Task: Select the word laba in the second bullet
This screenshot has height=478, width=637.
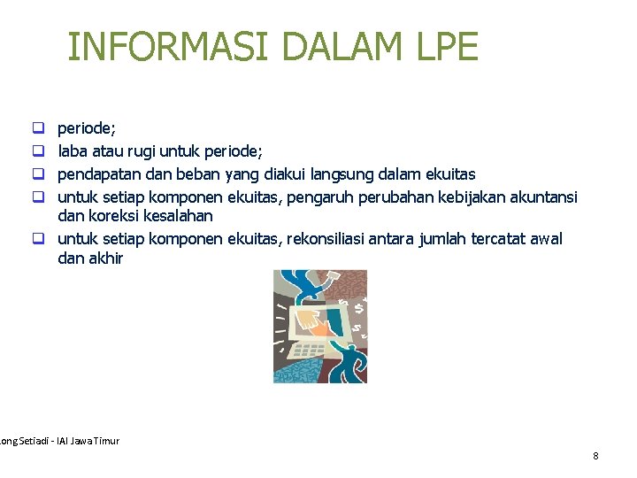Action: (73, 151)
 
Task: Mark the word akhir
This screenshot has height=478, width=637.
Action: (105, 258)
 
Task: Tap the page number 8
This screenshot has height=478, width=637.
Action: (595, 456)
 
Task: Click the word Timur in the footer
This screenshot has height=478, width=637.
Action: (106, 441)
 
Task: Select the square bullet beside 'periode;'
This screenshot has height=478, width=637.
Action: (39, 130)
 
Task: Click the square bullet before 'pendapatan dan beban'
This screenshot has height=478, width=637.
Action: (39, 174)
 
